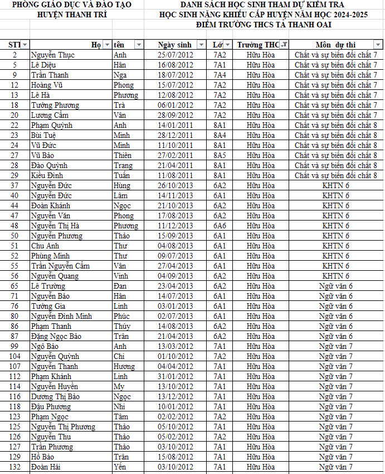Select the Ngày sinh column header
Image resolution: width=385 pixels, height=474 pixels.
click(x=174, y=45)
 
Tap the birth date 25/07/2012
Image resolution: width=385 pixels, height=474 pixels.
click(x=175, y=55)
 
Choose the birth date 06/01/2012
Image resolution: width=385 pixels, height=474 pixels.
click(x=175, y=105)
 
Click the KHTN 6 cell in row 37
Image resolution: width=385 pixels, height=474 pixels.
click(x=335, y=185)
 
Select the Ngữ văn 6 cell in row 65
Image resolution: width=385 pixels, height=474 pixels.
click(x=335, y=286)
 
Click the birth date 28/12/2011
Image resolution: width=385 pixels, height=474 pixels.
click(x=175, y=135)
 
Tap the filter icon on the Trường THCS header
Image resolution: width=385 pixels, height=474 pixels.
click(x=284, y=45)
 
